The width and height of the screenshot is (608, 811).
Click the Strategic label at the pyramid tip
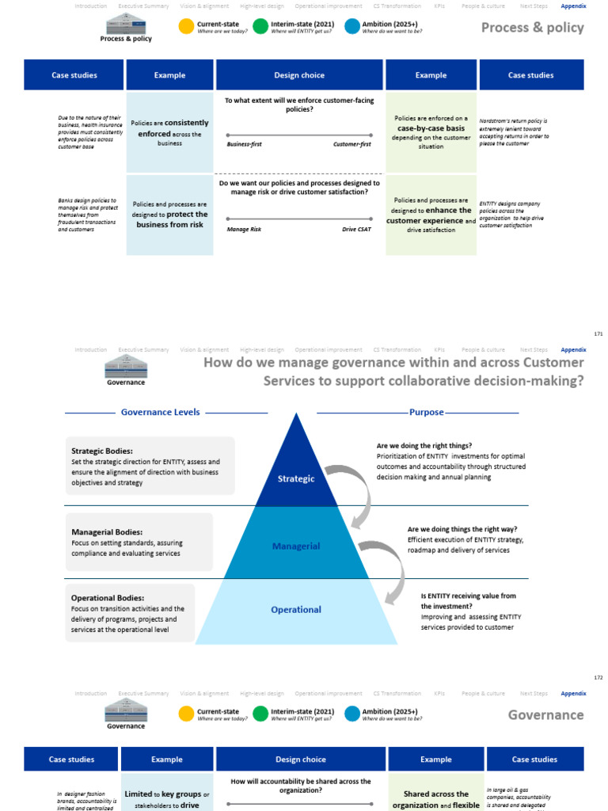(296, 478)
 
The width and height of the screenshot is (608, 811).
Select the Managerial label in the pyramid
(296, 546)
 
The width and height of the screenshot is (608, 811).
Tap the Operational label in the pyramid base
(297, 610)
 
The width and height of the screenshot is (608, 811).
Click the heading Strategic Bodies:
(102, 451)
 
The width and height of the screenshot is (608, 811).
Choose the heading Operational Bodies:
(108, 598)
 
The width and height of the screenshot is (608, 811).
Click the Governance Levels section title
(160, 413)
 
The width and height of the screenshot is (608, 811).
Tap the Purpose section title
(426, 413)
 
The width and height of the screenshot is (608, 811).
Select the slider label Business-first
(244, 145)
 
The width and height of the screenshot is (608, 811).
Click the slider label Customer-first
(352, 145)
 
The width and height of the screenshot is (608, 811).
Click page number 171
(598, 334)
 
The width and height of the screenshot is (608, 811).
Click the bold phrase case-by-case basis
(431, 128)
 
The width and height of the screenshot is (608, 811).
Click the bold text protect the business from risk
(171, 219)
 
